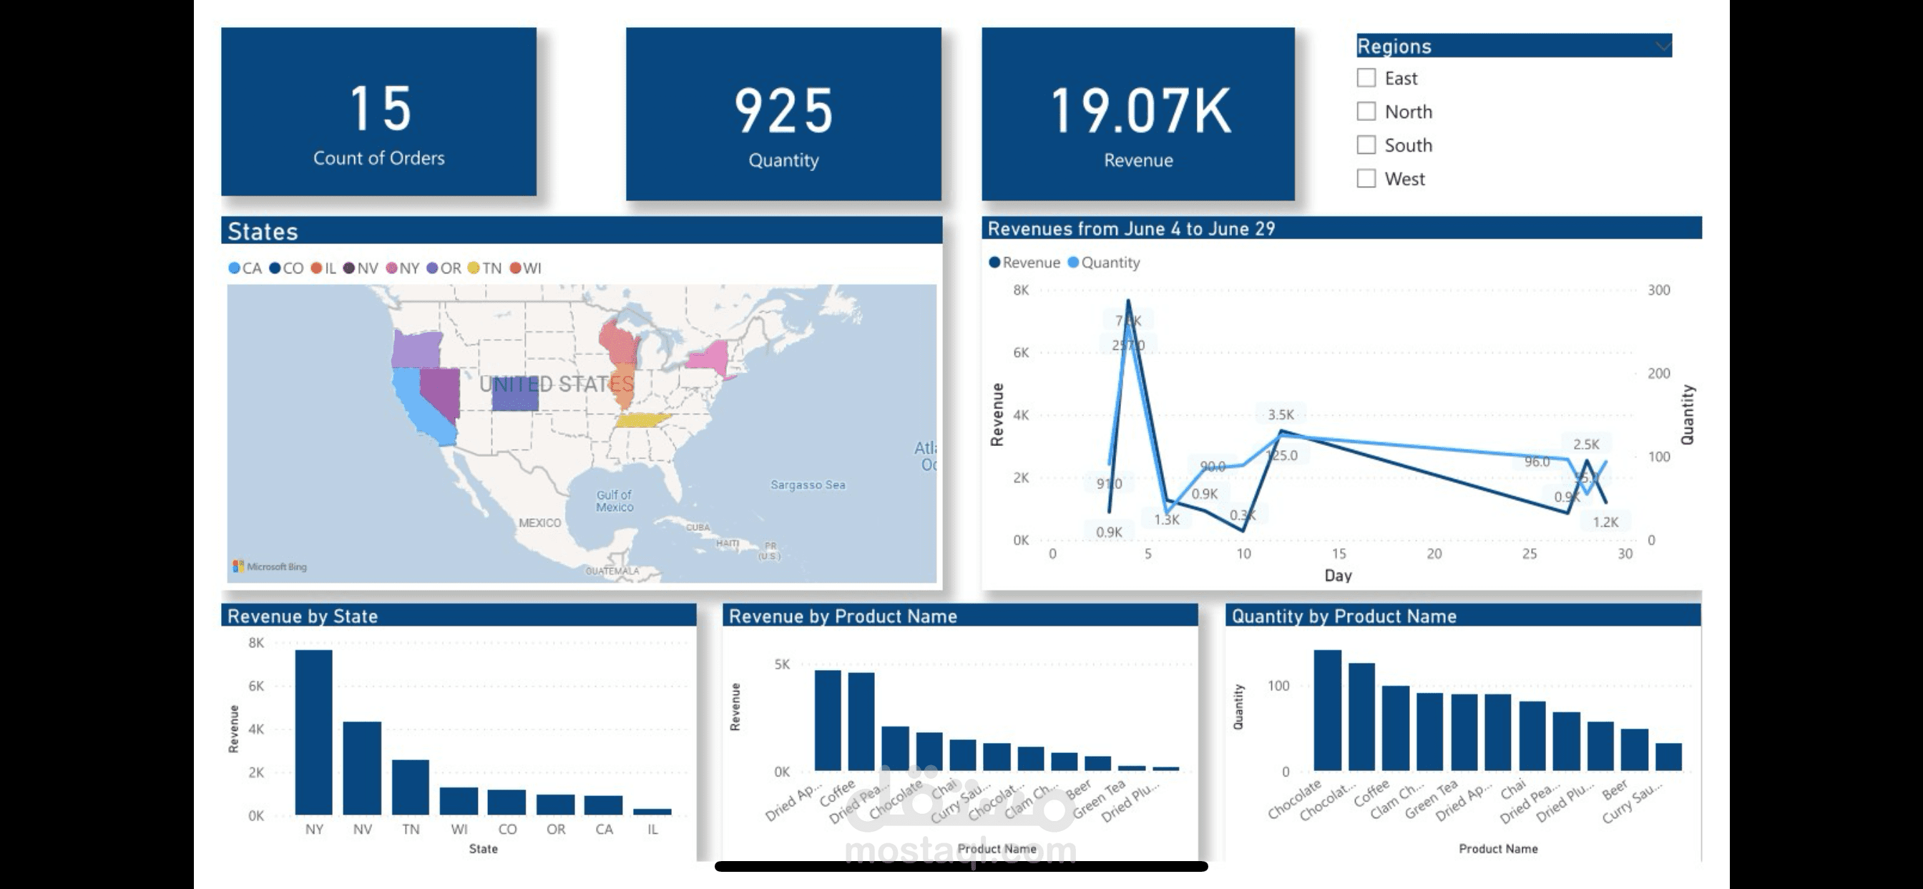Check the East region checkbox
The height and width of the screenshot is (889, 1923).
pyautogui.click(x=1366, y=78)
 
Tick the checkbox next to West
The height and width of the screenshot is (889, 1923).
pyautogui.click(x=1366, y=178)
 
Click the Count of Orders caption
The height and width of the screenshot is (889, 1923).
pyautogui.click(x=378, y=157)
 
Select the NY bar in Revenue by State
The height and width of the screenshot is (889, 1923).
pyautogui.click(x=313, y=732)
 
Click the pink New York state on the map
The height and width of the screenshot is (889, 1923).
pyautogui.click(x=709, y=356)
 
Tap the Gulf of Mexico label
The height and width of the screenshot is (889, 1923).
pyautogui.click(x=615, y=500)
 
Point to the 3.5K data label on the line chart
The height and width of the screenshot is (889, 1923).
pyautogui.click(x=1281, y=414)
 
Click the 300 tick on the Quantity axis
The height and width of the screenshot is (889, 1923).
pyautogui.click(x=1658, y=290)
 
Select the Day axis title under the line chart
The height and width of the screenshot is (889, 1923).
pyautogui.click(x=1338, y=575)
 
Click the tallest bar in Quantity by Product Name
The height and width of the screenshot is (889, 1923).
pyautogui.click(x=1327, y=710)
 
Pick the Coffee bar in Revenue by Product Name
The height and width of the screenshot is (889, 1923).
pyautogui.click(x=861, y=721)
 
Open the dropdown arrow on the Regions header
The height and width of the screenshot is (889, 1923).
pyautogui.click(x=1663, y=47)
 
